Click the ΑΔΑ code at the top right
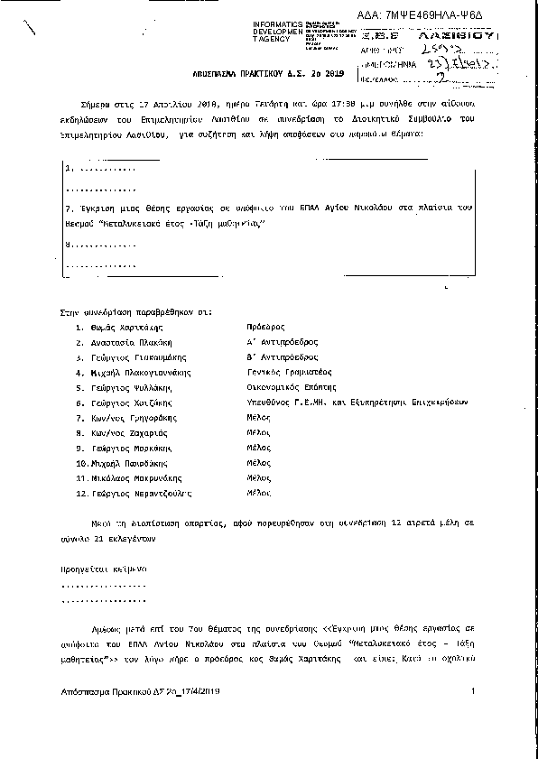coord(460,16)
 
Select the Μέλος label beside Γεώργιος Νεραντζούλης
coord(259,494)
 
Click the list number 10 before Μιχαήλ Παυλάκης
coord(83,462)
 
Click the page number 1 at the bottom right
coord(472,691)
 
